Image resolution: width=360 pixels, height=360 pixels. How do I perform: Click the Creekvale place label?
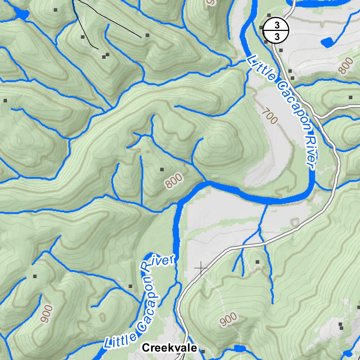(169, 348)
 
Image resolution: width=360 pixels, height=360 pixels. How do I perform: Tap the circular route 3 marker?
(276, 30)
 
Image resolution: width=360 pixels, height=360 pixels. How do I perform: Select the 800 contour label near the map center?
(174, 180)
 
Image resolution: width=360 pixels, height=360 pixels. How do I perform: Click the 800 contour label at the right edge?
(346, 66)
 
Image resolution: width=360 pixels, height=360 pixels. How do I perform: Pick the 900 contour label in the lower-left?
(46, 314)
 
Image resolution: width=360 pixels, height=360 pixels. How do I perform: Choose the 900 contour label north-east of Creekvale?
(228, 320)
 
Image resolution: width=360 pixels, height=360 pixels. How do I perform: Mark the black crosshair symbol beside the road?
(201, 268)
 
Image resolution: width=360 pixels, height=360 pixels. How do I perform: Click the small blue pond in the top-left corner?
(22, 14)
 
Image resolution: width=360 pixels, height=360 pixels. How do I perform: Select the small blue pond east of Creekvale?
(240, 348)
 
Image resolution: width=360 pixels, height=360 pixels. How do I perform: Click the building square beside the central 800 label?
(162, 169)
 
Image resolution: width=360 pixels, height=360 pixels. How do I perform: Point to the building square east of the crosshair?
(257, 262)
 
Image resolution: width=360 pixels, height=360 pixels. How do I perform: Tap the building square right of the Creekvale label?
(203, 351)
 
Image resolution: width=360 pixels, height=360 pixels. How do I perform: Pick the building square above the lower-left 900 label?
(34, 276)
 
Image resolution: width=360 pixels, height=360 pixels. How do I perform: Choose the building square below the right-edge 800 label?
(350, 97)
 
